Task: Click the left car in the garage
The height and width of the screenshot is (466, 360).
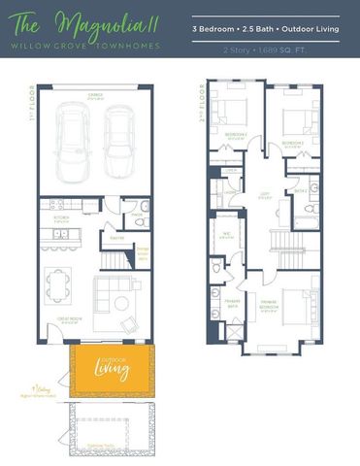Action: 74,143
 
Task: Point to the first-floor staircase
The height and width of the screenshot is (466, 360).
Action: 116,255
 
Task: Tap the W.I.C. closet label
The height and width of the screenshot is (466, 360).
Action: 227,233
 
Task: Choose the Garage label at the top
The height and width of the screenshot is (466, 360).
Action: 95,94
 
